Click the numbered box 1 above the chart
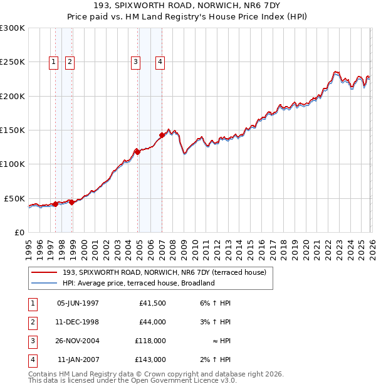tap(53, 61)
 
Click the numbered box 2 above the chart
tap(69, 61)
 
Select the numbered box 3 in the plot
tap(135, 61)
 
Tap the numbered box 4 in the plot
tap(160, 61)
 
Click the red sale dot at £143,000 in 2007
tap(162, 135)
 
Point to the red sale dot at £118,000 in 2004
tap(138, 152)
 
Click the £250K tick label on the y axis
tap(13, 62)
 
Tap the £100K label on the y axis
tap(13, 164)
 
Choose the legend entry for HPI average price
tap(138, 283)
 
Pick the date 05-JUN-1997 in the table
tap(78, 303)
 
